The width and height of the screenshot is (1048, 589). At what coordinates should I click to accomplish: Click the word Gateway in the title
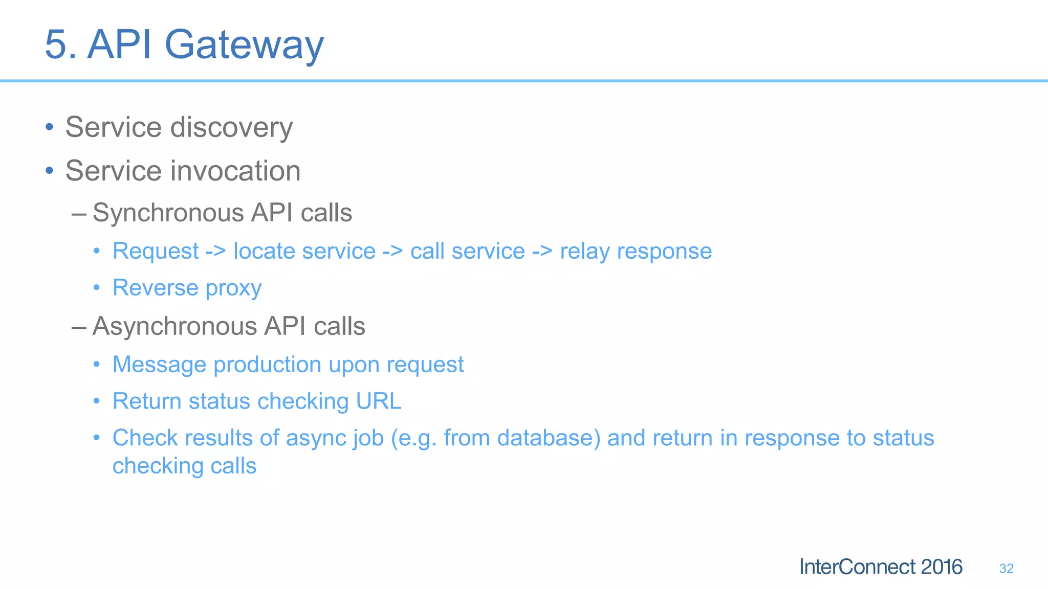[244, 45]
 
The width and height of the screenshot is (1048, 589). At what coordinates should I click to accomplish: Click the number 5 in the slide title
[56, 45]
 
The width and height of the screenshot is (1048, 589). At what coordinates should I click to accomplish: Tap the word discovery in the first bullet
[231, 127]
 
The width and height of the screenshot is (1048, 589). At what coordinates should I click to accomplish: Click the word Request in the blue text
[156, 251]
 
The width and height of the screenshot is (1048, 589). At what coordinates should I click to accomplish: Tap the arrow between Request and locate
[215, 252]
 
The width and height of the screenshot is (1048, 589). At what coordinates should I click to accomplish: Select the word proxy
[233, 288]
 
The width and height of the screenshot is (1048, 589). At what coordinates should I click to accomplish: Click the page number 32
[1006, 569]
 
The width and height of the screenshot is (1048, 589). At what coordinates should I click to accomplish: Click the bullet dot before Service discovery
[49, 127]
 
